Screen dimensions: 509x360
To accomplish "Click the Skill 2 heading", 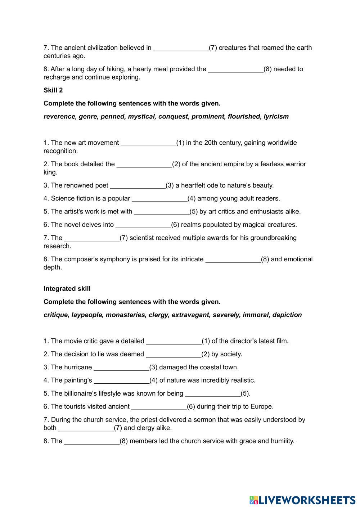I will tap(53, 90).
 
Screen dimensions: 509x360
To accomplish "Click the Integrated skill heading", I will tap(67, 289).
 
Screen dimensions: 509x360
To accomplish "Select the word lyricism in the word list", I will tap(276, 117).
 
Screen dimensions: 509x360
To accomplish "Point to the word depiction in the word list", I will tap(287, 315).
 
